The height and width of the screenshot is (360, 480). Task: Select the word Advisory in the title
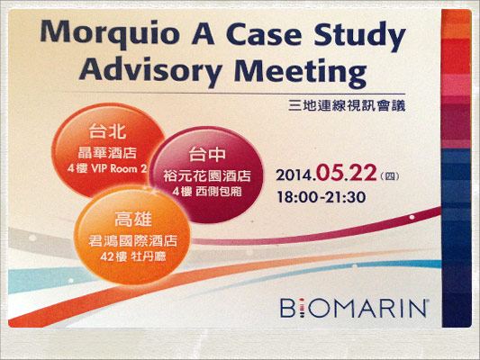[x=150, y=71]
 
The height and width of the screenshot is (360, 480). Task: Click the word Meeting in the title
[x=300, y=72]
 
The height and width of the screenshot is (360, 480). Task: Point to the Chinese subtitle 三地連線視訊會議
[x=347, y=106]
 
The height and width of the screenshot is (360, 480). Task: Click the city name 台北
[x=107, y=131]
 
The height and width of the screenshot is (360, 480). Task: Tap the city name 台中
[x=207, y=154]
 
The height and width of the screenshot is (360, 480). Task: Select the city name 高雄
[x=133, y=219]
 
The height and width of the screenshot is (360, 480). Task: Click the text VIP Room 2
[x=120, y=168]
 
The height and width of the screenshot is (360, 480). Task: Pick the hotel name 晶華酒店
[x=107, y=153]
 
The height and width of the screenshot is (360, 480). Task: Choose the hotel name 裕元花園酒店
[x=207, y=175]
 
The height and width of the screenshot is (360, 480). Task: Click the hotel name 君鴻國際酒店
[x=133, y=241]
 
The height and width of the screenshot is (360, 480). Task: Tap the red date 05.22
[x=346, y=173]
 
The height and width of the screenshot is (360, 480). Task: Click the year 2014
[x=296, y=175]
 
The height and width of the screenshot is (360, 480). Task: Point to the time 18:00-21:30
[x=322, y=197]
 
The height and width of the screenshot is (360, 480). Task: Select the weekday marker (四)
[x=390, y=176]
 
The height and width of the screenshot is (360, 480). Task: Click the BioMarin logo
[x=354, y=309]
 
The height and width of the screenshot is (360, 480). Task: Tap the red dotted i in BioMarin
[x=302, y=309]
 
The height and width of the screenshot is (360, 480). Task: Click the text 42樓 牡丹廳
[x=133, y=256]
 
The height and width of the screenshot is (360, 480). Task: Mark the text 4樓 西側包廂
[x=207, y=192]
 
